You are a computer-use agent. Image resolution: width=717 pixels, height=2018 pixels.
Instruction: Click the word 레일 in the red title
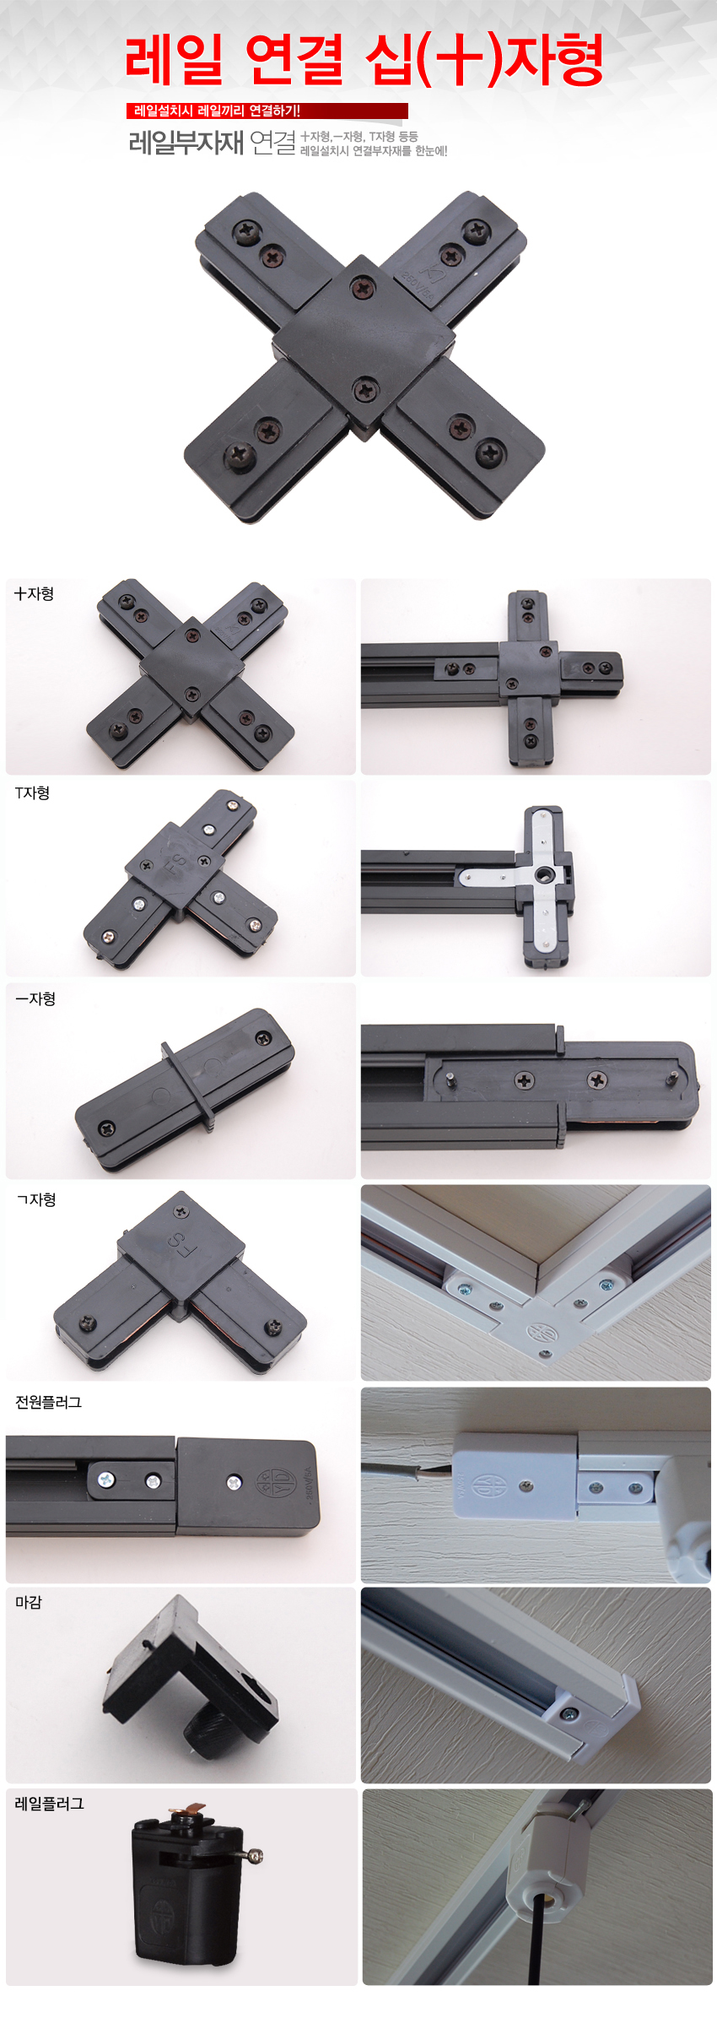coord(174,60)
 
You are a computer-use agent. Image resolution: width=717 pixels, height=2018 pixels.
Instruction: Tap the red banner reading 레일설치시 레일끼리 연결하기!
coord(267,111)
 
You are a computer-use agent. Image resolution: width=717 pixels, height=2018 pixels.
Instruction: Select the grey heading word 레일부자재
coord(186,143)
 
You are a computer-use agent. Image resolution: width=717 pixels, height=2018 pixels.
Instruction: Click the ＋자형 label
coord(35,594)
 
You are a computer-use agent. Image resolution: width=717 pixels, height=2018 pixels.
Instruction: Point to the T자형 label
coord(33,793)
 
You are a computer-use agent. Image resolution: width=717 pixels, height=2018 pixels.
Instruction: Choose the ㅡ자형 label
coord(35,999)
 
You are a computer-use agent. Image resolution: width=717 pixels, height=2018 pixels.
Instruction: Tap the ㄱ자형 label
coord(36,1200)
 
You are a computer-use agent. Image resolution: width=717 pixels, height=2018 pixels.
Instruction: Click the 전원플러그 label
coord(49,1403)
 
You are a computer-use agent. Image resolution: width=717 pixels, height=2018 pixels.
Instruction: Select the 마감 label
coord(29,1603)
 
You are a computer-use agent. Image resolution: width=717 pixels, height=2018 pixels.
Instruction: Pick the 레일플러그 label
coord(50,1804)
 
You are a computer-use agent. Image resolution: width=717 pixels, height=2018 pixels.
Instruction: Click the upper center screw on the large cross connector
coord(363,289)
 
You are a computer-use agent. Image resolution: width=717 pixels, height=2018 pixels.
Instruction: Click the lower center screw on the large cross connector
coord(365,390)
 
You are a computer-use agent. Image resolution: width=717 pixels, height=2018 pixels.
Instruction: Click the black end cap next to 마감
coord(190,1675)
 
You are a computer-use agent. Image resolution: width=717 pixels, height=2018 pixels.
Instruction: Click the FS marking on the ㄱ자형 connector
coord(177,1242)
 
